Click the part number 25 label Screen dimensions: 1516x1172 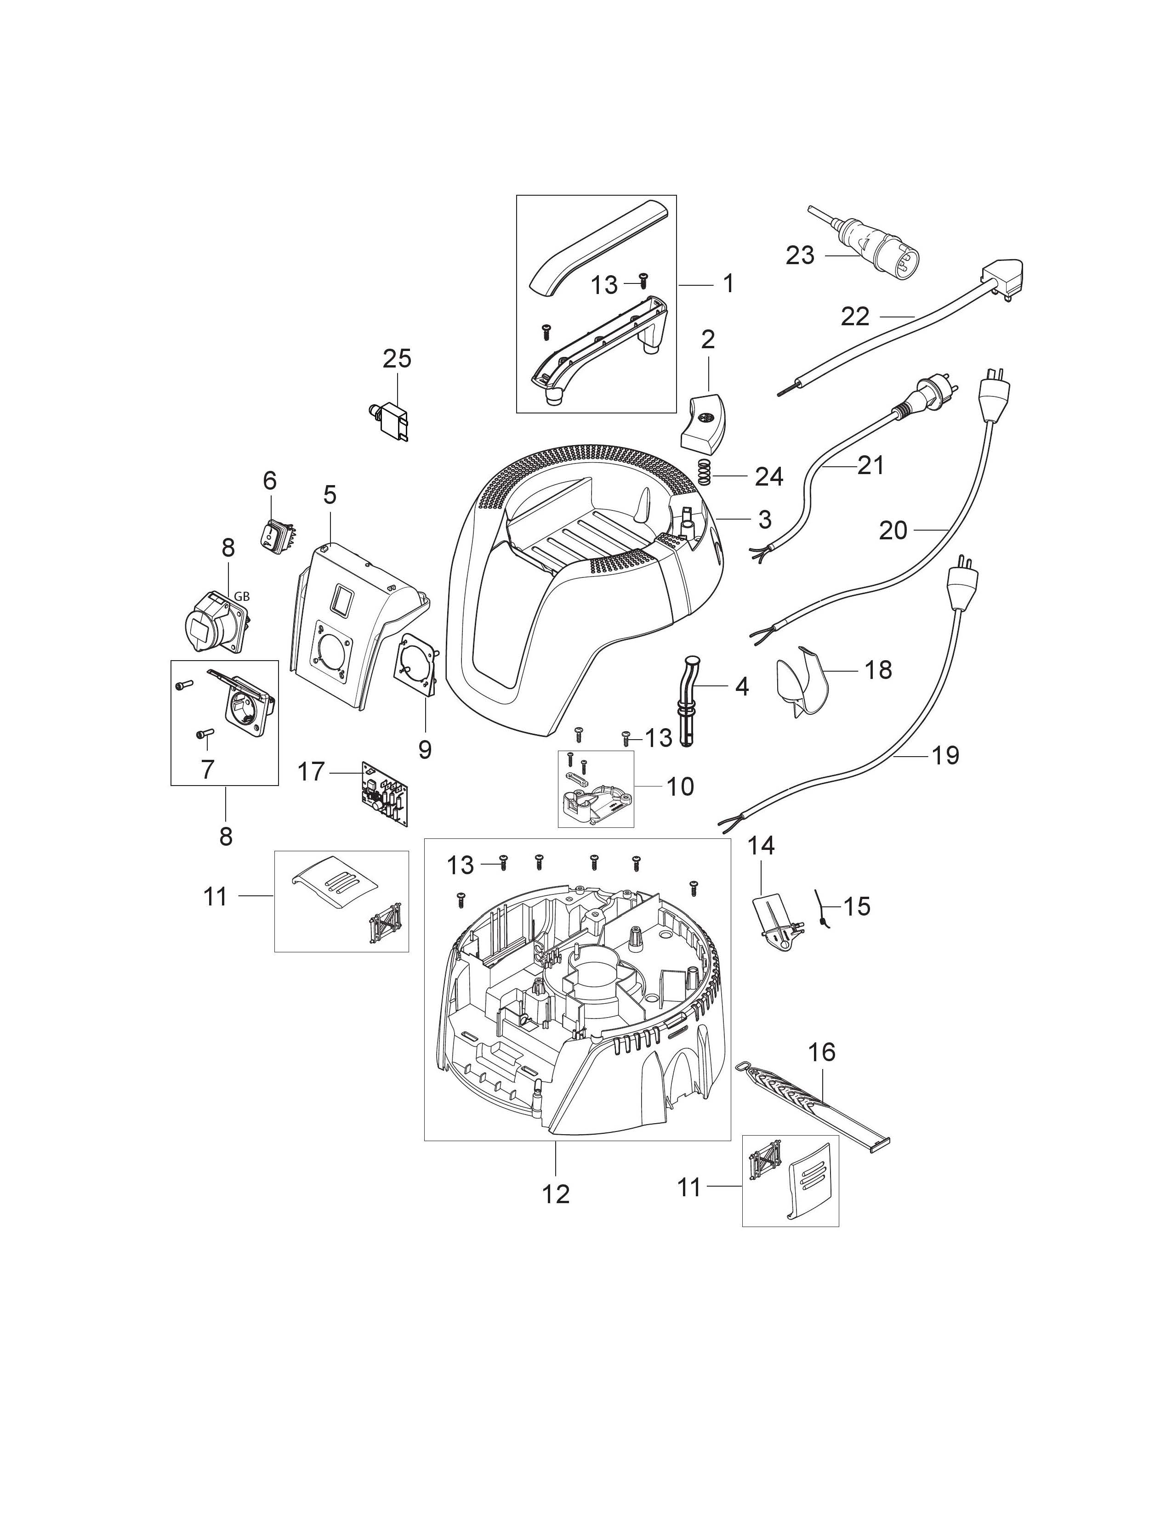point(397,359)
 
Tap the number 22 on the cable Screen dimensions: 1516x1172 point(855,317)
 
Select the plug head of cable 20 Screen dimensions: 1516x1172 point(994,397)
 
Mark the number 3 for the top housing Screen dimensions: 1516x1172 point(764,519)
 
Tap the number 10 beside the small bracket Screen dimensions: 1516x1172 point(680,786)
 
